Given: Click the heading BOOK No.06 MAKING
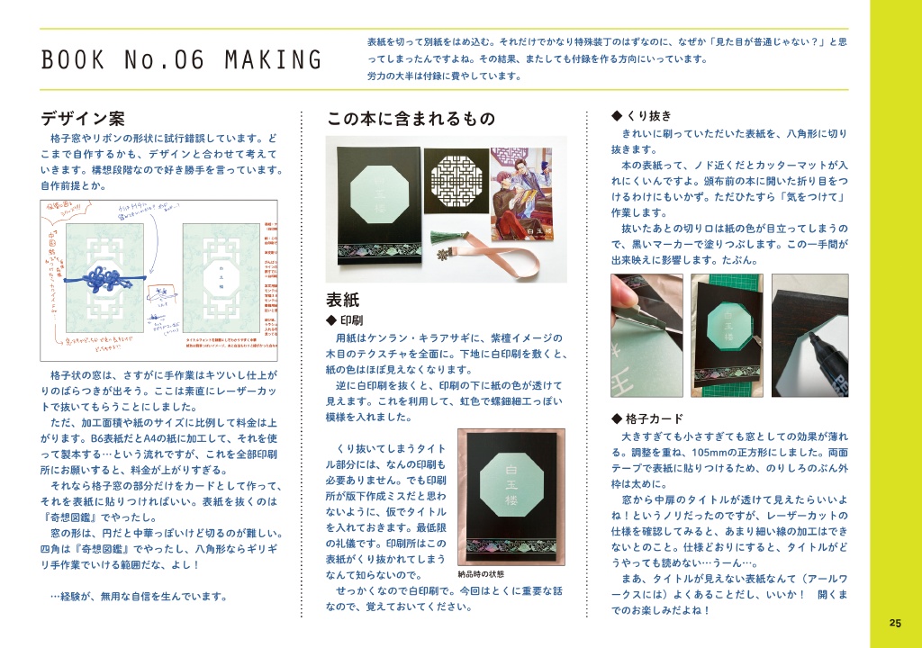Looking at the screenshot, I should point(181,61).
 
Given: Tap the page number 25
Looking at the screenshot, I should point(894,623).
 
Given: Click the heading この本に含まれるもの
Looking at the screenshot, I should point(411,118).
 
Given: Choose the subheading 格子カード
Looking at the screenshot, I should point(654,418).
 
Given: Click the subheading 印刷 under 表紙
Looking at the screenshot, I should point(351,319).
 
